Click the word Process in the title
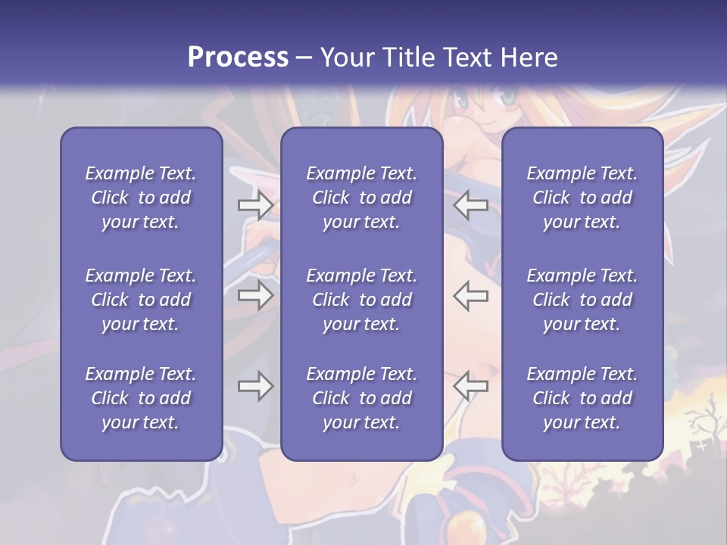pos(238,57)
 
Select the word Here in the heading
pos(529,57)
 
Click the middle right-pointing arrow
pos(255,294)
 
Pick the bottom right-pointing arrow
pos(255,386)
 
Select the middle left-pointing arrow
pos(470,294)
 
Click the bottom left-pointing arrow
pos(470,386)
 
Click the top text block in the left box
pos(141,198)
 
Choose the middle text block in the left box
pos(141,300)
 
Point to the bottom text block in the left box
pos(141,398)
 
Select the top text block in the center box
pos(361,198)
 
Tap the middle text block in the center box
pos(361,300)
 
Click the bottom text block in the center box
pos(361,398)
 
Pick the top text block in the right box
pos(582,198)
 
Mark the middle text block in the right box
pos(582,300)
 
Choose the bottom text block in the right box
pos(582,398)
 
